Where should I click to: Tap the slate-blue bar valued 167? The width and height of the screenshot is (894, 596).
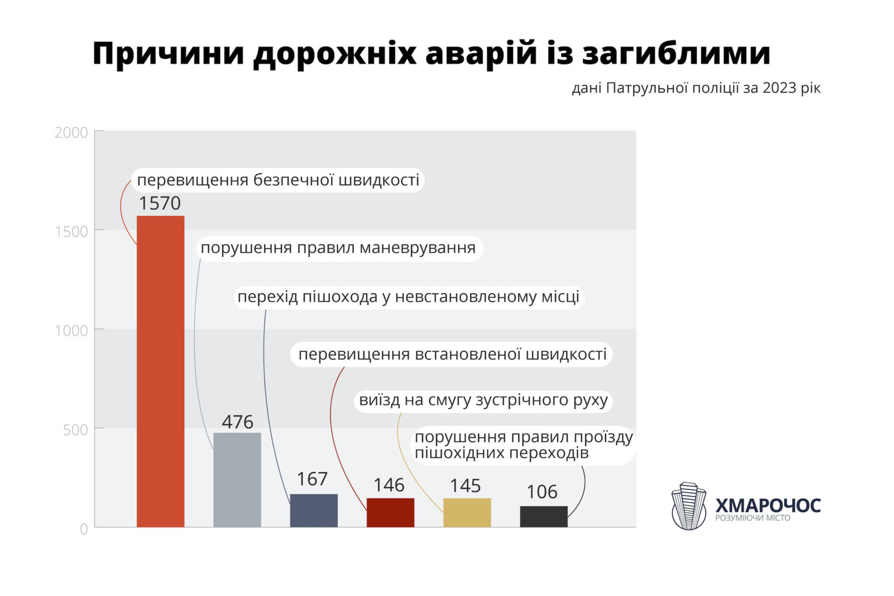pos(313,510)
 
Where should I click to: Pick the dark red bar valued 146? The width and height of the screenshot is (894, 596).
pos(390,512)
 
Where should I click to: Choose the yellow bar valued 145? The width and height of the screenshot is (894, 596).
pos(467,512)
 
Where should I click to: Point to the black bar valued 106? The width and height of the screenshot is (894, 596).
pos(543,516)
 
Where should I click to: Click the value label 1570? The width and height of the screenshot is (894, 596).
pos(160,203)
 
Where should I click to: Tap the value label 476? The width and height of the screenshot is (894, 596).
pos(237,422)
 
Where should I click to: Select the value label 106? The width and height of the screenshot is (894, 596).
pos(542,492)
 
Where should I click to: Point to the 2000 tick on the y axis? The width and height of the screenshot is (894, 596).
pos(71,133)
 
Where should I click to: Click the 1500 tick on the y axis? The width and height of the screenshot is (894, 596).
pos(71,231)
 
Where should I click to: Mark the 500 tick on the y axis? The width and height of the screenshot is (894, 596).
pos(75,429)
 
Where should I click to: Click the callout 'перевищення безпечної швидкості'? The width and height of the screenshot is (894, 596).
pos(278,180)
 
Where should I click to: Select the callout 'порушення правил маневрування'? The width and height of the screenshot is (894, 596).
pos(338,248)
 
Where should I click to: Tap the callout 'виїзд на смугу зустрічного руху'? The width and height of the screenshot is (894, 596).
pos(483,400)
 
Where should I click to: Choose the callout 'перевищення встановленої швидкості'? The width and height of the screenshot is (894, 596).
pos(452,355)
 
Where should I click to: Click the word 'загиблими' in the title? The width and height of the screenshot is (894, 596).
pos(676,54)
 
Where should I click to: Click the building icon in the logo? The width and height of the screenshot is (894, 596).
pos(689,506)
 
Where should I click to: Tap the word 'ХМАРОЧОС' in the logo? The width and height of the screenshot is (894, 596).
pos(768,505)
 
